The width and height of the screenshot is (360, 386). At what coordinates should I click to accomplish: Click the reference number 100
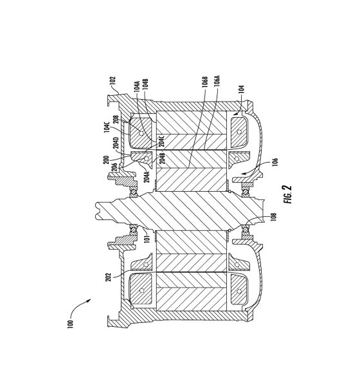pyautogui.click(x=70, y=324)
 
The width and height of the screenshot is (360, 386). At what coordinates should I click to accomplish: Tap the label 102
pyautogui.click(x=113, y=80)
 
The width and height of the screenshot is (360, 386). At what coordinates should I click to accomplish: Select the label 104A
pyautogui.click(x=137, y=86)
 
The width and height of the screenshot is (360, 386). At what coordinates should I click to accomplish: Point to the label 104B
pyautogui.click(x=145, y=84)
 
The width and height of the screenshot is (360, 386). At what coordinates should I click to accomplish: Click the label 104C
pyautogui.click(x=107, y=127)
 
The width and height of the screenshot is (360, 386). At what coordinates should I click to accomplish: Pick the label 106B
pyautogui.click(x=205, y=82)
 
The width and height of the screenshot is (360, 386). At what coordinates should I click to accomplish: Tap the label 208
pyautogui.click(x=116, y=120)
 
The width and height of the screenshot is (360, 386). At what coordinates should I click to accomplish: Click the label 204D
pyautogui.click(x=116, y=143)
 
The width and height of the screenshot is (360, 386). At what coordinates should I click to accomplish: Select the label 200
pyautogui.click(x=106, y=160)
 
